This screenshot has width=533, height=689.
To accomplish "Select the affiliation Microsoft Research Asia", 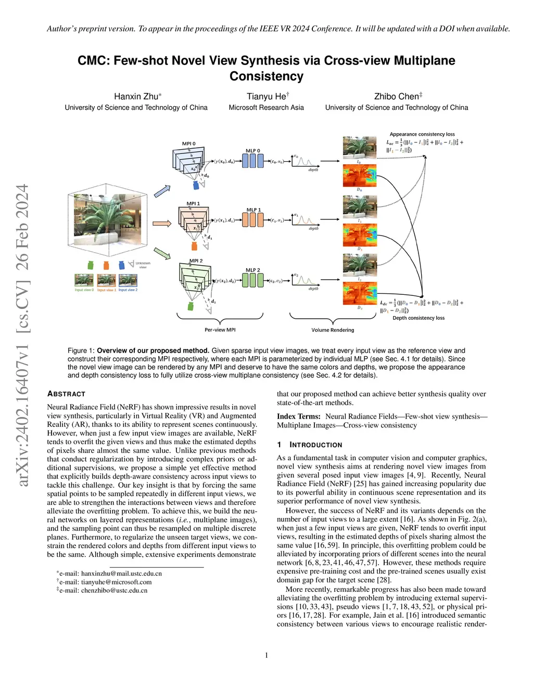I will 266,108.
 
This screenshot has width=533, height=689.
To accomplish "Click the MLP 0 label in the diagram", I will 253,151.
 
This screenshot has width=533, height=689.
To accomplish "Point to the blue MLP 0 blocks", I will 253,161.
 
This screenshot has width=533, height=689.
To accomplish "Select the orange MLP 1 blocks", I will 253,219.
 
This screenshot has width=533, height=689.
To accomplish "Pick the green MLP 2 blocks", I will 253,280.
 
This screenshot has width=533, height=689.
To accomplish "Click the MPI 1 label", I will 193,204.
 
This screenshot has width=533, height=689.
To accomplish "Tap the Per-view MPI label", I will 220,330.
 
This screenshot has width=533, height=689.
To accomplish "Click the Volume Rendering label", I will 333,330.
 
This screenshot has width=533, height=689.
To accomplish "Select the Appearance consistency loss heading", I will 422,134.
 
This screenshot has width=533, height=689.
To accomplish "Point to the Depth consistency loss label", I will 418,318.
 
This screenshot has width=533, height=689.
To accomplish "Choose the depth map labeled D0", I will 359,175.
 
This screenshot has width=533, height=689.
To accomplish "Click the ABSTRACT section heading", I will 66,394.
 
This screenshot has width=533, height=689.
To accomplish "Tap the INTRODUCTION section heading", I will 315,445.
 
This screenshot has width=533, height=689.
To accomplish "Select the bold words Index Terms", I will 298,417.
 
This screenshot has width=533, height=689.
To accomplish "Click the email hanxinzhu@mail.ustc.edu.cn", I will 121,574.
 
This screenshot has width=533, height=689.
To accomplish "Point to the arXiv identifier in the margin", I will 22,335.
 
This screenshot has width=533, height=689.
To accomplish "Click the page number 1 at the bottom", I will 266,655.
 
